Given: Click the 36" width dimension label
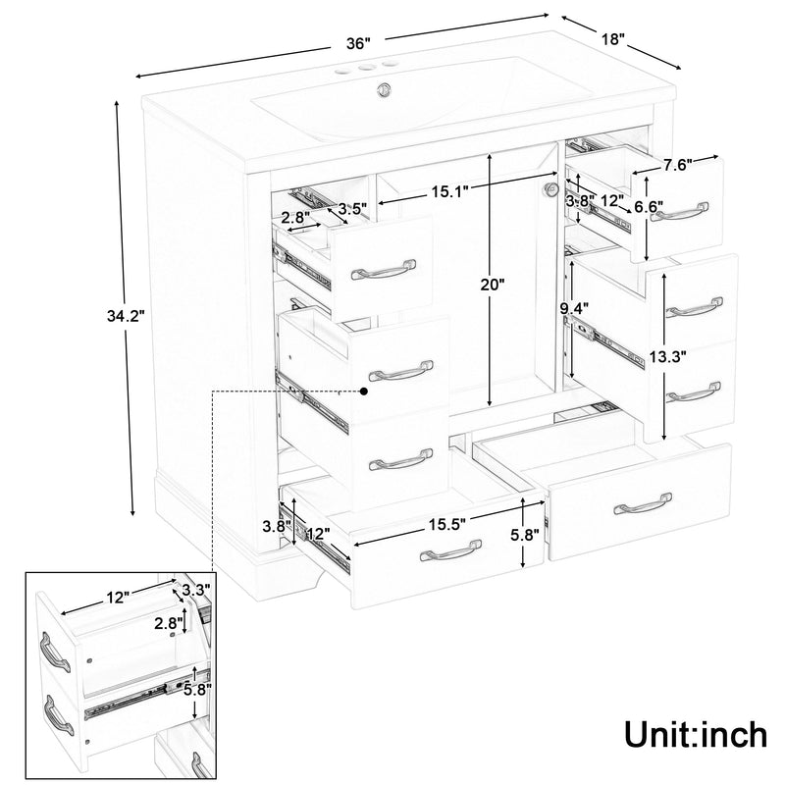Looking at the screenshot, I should (x=358, y=44).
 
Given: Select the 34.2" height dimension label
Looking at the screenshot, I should (x=126, y=316).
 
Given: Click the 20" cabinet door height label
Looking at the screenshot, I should (x=493, y=286).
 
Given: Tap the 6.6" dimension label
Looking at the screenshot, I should (x=648, y=207).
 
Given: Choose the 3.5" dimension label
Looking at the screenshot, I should (x=352, y=208).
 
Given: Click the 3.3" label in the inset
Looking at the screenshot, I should (x=195, y=591).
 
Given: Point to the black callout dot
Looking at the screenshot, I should (x=364, y=391).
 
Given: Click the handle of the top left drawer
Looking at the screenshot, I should (x=385, y=272).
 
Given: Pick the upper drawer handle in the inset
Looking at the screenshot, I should (x=55, y=652).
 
